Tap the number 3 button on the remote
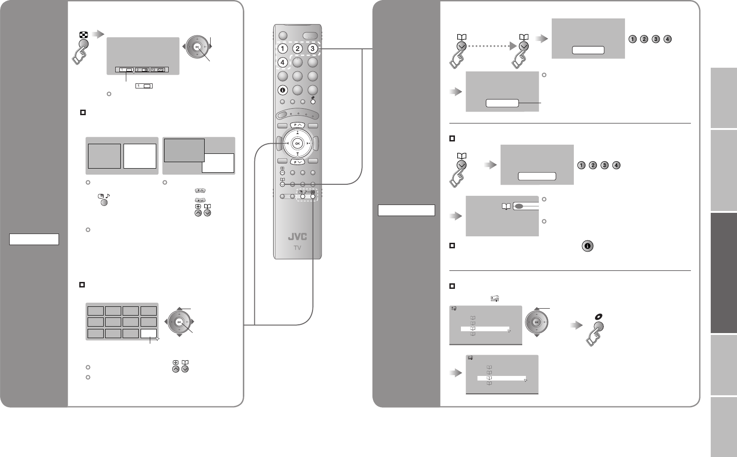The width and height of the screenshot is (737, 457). (313, 49)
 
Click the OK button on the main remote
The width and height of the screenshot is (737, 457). (298, 143)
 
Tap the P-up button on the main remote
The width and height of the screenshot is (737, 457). (297, 125)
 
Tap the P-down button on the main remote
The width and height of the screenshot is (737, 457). (297, 162)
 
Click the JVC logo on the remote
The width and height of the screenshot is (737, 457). (297, 237)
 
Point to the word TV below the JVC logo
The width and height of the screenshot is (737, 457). (297, 248)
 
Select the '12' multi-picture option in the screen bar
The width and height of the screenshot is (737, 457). (159, 70)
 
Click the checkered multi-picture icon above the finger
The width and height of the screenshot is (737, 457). (83, 35)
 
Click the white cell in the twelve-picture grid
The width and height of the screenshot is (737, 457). (149, 334)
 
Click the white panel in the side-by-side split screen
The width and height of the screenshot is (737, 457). (140, 156)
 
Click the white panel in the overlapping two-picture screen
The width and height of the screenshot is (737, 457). (218, 163)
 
